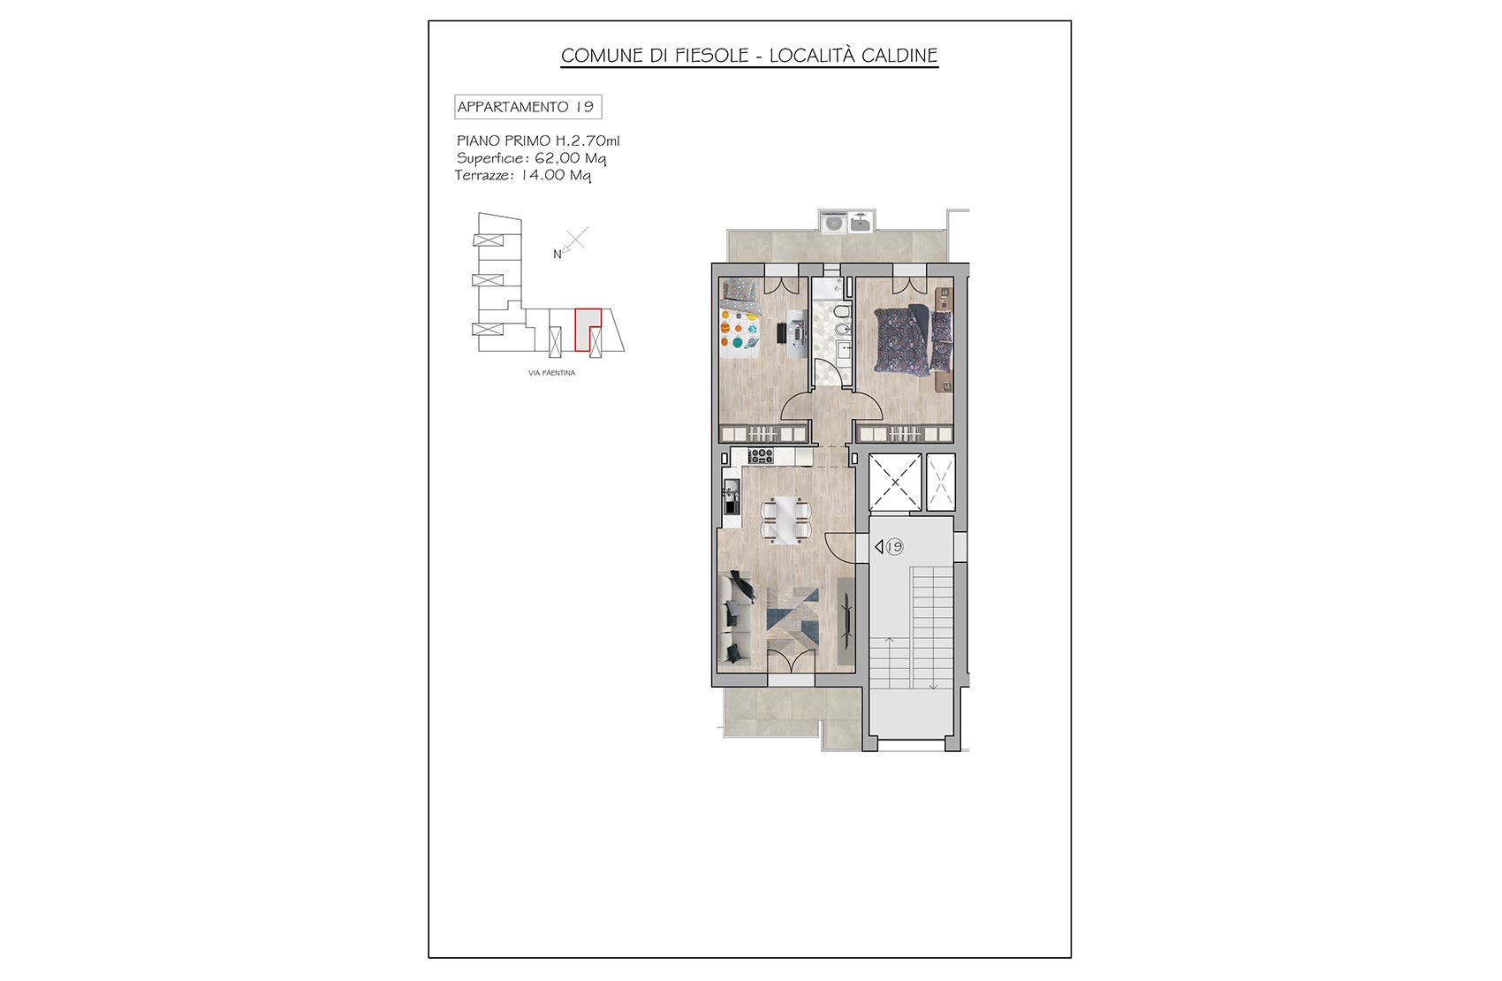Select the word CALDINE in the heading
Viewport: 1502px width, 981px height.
click(899, 56)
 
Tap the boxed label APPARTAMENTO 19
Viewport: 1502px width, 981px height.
click(527, 107)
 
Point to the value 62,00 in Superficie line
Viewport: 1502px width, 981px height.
click(558, 158)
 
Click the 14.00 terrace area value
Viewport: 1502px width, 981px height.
click(542, 176)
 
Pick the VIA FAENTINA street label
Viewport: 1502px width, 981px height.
click(552, 373)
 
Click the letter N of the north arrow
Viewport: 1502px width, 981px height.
click(558, 255)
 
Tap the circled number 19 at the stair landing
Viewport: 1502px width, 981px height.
click(894, 547)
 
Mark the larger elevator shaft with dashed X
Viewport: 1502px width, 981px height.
click(895, 483)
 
